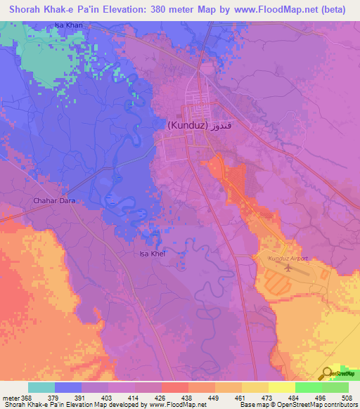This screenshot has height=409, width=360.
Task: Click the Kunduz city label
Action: (x=188, y=126)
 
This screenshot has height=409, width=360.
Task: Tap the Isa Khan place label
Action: (x=67, y=26)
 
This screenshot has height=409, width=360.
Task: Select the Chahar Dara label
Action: (x=53, y=201)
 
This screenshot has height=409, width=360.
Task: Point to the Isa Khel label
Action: (x=151, y=254)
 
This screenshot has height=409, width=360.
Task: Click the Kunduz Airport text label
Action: (x=288, y=259)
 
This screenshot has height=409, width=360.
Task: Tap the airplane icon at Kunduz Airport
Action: (x=288, y=268)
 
